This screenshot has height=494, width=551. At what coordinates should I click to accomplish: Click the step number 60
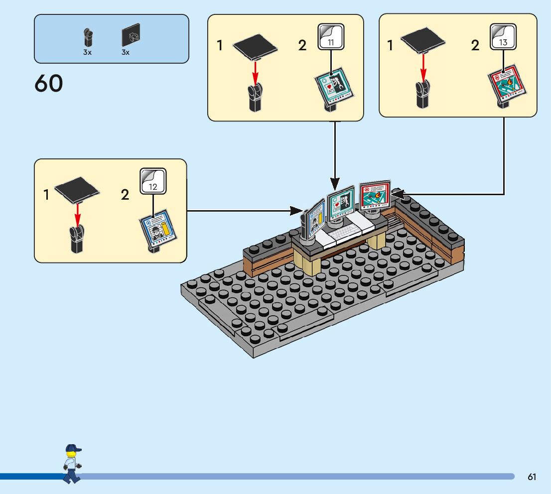(49, 84)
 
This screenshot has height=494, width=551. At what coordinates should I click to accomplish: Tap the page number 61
(532, 477)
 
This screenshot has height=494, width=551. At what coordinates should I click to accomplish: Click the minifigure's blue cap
(73, 449)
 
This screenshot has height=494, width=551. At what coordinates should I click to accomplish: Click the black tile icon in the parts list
(131, 36)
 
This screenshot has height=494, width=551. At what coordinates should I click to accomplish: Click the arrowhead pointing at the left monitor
(298, 211)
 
